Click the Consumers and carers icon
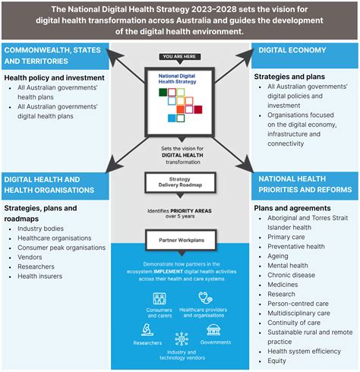[160, 298]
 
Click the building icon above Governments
[215, 329]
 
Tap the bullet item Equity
[279, 361]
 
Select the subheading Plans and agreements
[292, 207]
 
